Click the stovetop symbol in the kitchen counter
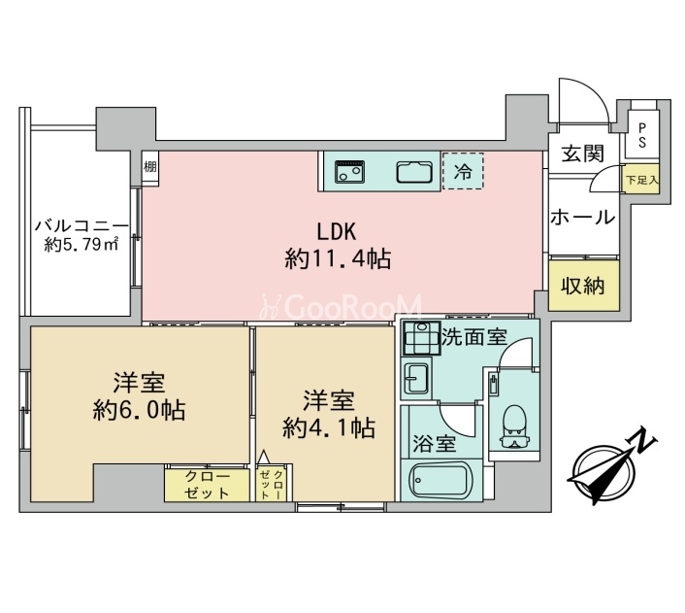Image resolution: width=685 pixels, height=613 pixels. [349, 171]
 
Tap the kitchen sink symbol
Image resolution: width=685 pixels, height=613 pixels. [414, 171]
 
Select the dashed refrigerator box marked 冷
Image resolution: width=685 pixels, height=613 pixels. [463, 171]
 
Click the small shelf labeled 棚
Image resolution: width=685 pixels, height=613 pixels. [150, 168]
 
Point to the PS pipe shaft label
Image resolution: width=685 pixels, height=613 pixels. [641, 135]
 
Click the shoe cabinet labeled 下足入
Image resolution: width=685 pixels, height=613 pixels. [640, 179]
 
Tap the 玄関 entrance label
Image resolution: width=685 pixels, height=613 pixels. [582, 154]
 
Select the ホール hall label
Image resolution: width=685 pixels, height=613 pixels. [583, 217]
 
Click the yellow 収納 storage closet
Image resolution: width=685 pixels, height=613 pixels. [584, 286]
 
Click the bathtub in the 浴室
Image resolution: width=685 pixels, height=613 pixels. [439, 481]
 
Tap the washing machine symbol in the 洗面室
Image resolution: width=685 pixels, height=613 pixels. [421, 338]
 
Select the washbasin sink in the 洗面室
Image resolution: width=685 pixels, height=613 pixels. [416, 379]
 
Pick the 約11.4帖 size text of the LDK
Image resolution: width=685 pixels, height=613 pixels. [338, 258]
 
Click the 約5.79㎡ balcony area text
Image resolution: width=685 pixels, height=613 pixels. [82, 244]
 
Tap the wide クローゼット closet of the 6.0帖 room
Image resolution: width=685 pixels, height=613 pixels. [207, 485]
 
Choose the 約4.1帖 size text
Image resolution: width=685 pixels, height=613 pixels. [329, 427]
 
